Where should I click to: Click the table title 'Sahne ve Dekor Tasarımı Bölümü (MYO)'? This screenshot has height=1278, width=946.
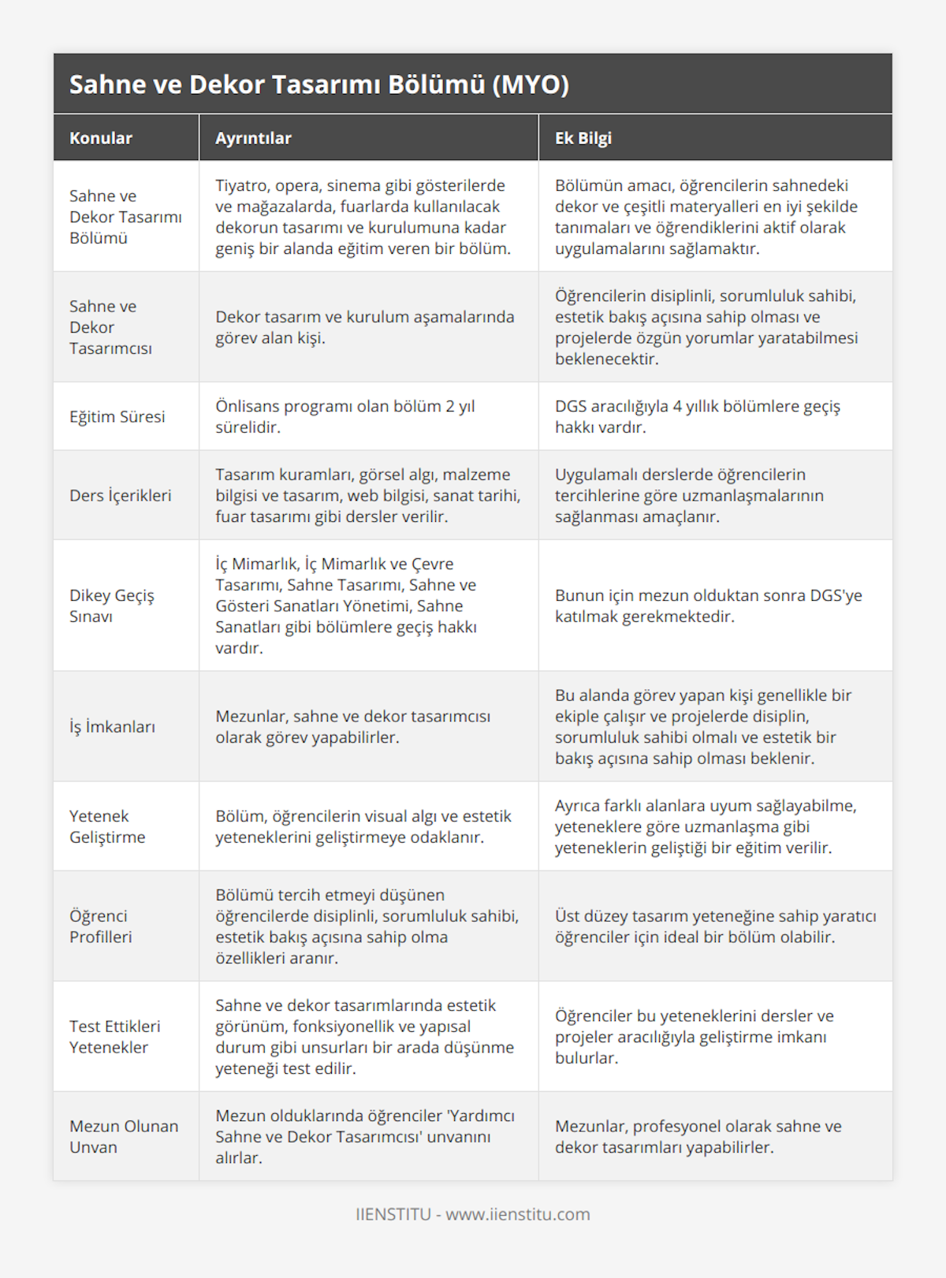(318, 84)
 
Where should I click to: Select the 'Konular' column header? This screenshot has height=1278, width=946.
(101, 138)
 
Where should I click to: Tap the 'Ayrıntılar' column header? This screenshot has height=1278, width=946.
(253, 138)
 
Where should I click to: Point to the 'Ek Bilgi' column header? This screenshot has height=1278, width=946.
(583, 138)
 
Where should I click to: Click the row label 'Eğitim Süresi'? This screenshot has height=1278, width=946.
(117, 416)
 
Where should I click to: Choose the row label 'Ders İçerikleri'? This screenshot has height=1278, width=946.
(120, 495)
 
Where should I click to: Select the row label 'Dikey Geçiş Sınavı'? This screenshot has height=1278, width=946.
(112, 605)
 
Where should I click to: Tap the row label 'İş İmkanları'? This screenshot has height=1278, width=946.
(112, 726)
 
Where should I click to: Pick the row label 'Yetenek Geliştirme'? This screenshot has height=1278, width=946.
(107, 826)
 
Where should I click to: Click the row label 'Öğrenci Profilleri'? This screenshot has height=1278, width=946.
(101, 926)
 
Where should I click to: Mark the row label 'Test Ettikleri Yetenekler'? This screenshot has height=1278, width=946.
(114, 1037)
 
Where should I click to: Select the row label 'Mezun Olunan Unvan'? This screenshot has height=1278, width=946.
(124, 1136)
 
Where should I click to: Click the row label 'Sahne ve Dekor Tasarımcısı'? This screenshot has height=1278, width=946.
(110, 327)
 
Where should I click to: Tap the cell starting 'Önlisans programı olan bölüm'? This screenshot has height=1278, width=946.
(345, 416)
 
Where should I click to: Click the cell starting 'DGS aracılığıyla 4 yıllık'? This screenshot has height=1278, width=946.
(697, 416)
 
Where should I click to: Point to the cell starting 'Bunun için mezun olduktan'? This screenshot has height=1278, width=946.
(708, 605)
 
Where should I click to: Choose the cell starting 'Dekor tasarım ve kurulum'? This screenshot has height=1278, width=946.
(364, 327)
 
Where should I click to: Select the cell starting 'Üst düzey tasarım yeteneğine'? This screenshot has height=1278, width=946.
(715, 926)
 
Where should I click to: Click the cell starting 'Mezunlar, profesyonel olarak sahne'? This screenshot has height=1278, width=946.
(698, 1136)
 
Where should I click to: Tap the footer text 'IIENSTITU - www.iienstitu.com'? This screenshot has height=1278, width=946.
(473, 1214)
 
